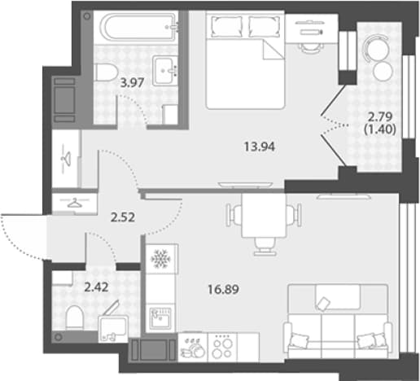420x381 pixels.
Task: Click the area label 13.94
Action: pos(260,147)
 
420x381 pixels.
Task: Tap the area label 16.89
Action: pos(223,290)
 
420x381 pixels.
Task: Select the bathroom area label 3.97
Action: pos(132,82)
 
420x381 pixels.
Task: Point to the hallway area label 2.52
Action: pos(123,217)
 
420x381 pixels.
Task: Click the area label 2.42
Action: pos(96,287)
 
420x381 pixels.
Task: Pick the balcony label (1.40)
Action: pos(380,129)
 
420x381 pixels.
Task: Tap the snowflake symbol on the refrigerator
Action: pos(160,259)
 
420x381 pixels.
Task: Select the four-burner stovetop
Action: pos(222,348)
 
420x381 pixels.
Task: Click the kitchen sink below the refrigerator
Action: pos(161,318)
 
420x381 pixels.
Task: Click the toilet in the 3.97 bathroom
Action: pos(106,72)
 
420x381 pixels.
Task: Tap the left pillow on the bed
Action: pos(226,26)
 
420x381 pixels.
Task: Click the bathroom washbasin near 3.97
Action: pos(165,71)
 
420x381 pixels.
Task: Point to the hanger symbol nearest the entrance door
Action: pos(74,203)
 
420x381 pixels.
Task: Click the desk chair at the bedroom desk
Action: pos(311,47)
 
